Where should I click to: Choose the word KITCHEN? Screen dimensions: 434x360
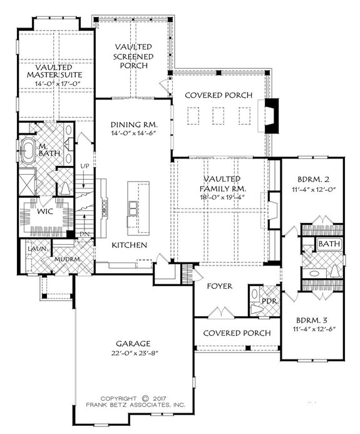click(x=130, y=244)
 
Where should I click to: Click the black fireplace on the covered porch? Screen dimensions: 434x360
click(x=270, y=115)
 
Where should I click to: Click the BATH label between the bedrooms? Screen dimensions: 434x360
click(x=327, y=244)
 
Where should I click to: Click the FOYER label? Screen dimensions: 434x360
click(x=220, y=286)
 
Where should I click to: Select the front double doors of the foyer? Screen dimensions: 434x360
click(x=219, y=312)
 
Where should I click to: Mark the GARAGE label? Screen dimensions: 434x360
click(x=133, y=343)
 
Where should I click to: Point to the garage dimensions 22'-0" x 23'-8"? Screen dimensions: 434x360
click(x=133, y=353)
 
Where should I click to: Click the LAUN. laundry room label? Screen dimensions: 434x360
click(x=33, y=249)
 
